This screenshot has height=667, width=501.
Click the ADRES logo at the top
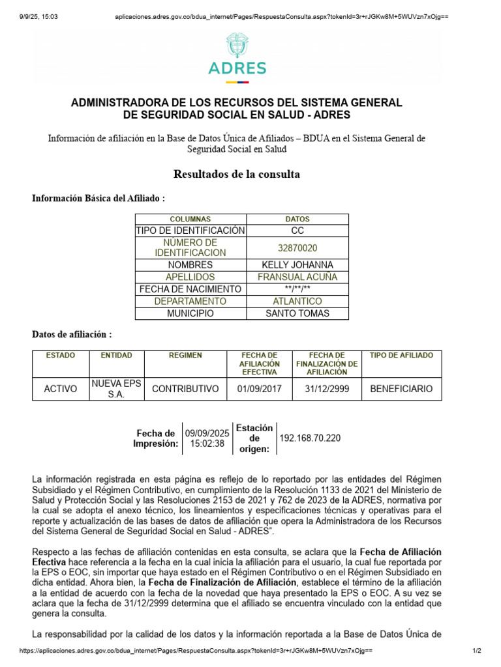point(237,59)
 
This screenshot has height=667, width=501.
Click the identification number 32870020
point(297,248)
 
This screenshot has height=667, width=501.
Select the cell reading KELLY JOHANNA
point(297,265)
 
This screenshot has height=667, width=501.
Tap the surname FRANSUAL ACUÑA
point(297,277)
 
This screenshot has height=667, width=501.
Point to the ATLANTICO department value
point(297,302)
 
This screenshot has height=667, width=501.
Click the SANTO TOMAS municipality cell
point(297,313)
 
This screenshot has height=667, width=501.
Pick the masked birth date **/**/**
point(297,289)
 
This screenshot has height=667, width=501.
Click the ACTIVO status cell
point(60,389)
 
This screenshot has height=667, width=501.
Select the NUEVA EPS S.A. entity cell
point(115,389)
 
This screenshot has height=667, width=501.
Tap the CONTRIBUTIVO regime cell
point(185,389)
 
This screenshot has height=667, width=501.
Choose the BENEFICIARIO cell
point(401,389)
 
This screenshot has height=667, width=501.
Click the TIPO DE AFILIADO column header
point(401,356)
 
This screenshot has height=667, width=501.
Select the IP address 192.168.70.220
point(310,438)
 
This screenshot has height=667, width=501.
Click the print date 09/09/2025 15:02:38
point(207,438)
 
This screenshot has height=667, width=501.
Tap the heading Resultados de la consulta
point(237,174)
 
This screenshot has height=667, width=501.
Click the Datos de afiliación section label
point(72,334)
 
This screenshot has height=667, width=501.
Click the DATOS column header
point(297,220)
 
